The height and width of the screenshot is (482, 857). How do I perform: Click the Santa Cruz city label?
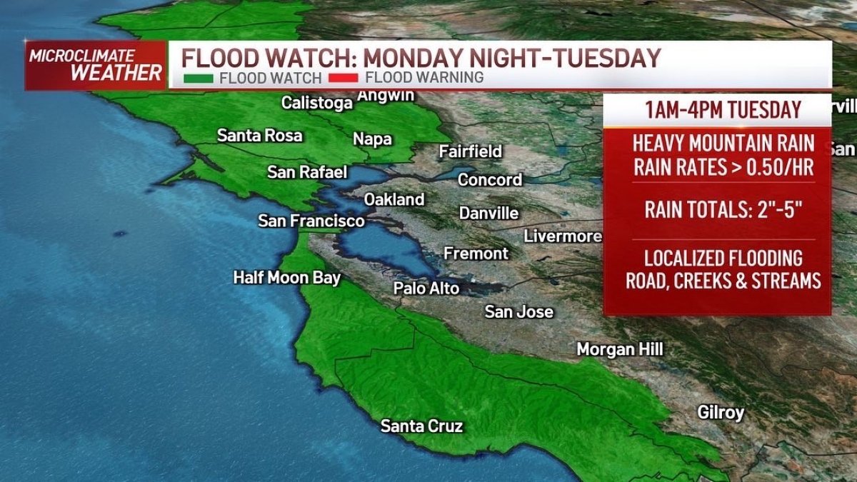click(421, 427)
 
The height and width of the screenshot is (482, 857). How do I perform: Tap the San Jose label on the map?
click(518, 312)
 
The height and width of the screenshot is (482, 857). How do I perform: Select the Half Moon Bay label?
click(287, 278)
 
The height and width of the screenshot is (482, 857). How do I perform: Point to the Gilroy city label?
click(721, 413)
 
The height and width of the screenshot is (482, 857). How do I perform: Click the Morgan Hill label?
click(620, 349)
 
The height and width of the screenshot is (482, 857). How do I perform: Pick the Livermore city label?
click(563, 236)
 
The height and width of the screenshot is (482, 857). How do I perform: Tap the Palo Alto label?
click(426, 288)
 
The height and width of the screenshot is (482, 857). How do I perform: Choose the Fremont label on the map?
click(476, 253)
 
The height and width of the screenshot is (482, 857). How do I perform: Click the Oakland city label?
click(394, 200)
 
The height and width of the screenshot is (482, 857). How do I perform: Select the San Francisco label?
click(311, 221)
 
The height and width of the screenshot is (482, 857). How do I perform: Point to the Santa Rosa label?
click(259, 135)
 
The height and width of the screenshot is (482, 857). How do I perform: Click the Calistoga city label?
click(317, 103)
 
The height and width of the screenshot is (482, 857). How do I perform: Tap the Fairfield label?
click(471, 151)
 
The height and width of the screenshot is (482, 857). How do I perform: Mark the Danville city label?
click(488, 214)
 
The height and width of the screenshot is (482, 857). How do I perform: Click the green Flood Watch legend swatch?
click(198, 78)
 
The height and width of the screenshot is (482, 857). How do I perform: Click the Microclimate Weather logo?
click(96, 66)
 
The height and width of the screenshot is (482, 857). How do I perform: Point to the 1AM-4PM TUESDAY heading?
click(723, 111)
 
